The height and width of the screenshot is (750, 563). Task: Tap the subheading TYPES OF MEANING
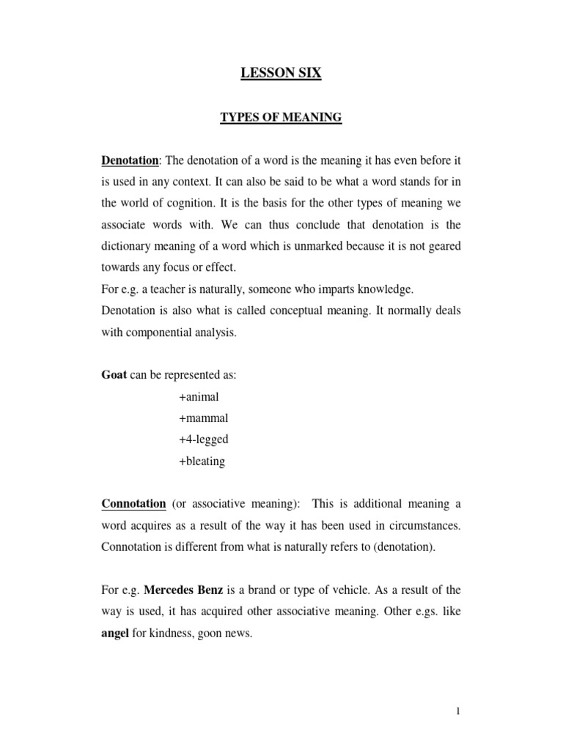tap(281, 117)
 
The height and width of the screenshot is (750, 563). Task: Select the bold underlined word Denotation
tap(130, 160)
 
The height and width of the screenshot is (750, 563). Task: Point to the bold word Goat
tap(114, 374)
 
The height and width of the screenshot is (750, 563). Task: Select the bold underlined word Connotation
tap(133, 504)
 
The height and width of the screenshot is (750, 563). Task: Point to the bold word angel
tap(115, 634)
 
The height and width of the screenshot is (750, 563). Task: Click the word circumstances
tap(422, 526)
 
